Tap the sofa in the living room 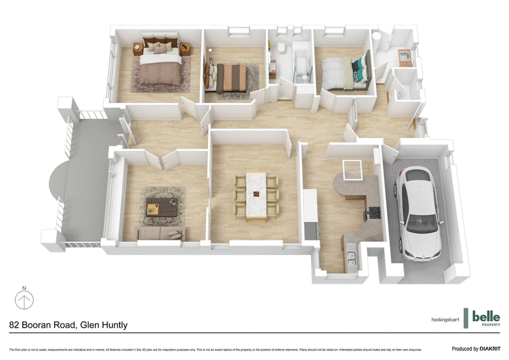click(x=161, y=233)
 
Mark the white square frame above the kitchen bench click(x=352, y=170)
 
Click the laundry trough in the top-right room click(x=405, y=58)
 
